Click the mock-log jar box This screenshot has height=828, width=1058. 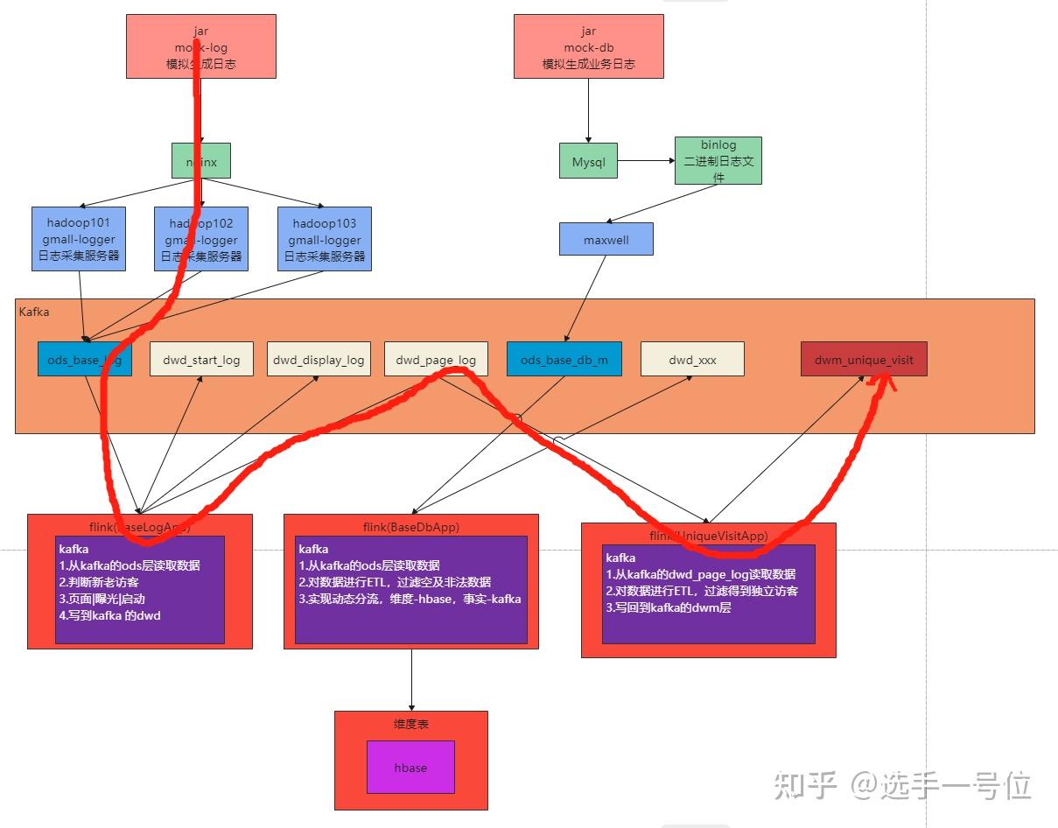click(201, 46)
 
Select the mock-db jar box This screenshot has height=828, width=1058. click(588, 46)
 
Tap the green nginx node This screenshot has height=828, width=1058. click(201, 161)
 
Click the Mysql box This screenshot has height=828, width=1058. click(588, 161)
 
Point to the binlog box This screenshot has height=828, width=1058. click(718, 160)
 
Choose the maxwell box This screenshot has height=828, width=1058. click(606, 239)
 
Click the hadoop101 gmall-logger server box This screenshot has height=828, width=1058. click(80, 239)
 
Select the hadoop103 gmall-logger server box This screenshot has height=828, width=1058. click(325, 239)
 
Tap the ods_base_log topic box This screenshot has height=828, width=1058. click(85, 360)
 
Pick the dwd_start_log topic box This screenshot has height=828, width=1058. click(201, 360)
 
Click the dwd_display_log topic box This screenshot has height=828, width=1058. click(319, 360)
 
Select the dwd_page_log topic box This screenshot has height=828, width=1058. click(436, 360)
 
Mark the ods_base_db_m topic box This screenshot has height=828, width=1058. click(564, 360)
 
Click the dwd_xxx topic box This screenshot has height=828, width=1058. click(692, 360)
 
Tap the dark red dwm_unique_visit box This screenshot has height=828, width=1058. click(864, 360)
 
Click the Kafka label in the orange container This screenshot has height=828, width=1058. click(34, 311)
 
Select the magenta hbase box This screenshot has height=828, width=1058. click(410, 768)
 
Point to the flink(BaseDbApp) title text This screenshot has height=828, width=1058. click(411, 527)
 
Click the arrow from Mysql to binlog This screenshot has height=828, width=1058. click(646, 161)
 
